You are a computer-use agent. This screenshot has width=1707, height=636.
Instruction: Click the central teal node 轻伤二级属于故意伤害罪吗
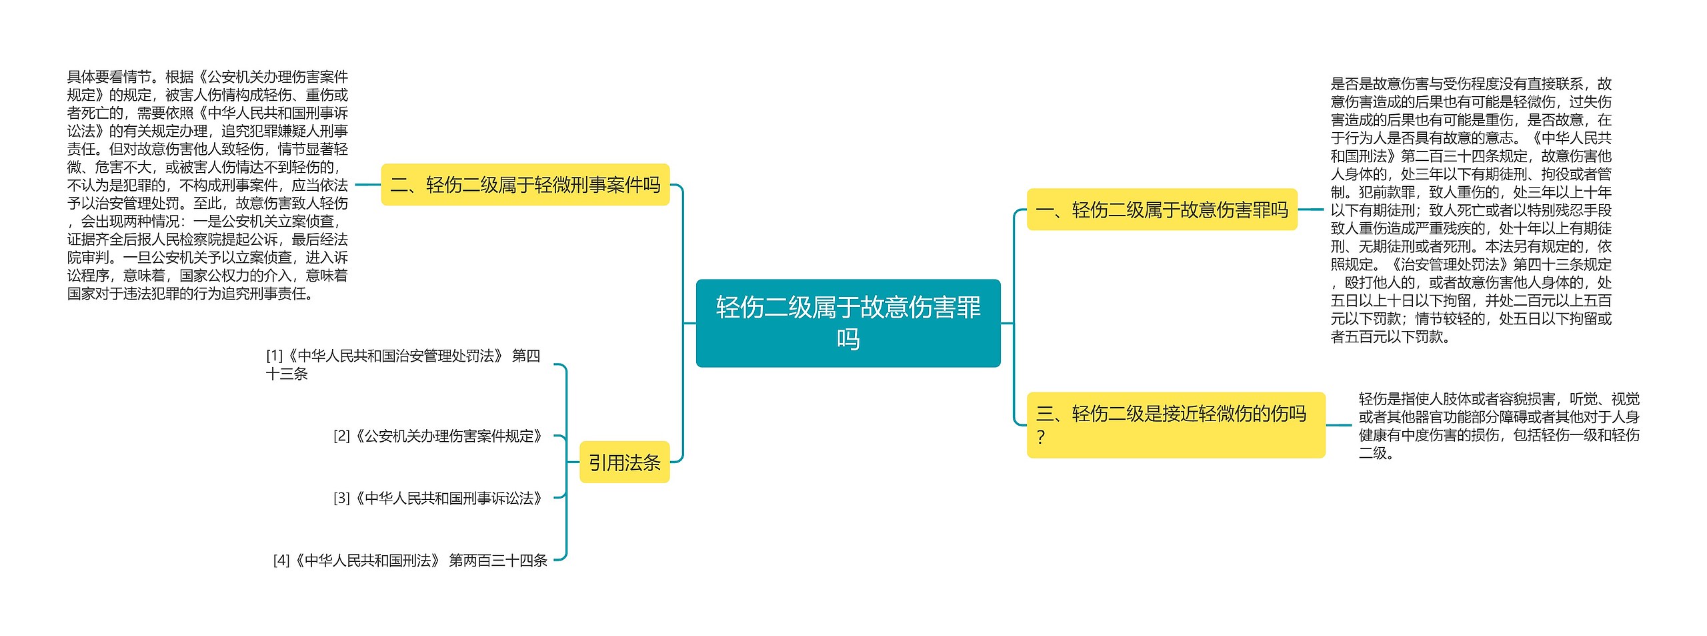[847, 323]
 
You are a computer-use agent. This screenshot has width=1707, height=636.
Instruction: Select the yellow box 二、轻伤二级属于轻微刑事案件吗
[525, 185]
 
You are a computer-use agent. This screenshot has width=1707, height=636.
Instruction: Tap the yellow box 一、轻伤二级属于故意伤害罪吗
[1162, 210]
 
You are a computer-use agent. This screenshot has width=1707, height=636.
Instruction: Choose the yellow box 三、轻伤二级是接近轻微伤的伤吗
[1175, 424]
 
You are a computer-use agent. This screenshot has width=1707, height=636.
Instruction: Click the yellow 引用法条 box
[624, 462]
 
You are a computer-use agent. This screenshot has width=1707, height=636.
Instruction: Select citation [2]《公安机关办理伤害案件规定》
[439, 436]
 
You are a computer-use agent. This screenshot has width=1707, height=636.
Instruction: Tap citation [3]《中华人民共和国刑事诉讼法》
[439, 499]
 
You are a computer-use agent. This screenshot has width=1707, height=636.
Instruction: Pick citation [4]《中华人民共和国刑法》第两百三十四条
[410, 561]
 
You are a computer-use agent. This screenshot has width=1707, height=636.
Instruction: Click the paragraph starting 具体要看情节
[207, 185]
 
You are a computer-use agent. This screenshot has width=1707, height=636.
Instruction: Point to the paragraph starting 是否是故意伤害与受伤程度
[1470, 210]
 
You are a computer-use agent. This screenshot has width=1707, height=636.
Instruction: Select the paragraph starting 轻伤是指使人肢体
[1498, 426]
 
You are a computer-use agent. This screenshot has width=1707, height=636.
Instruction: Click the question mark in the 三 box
[1040, 438]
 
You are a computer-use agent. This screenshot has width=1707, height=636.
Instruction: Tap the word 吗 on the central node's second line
[847, 340]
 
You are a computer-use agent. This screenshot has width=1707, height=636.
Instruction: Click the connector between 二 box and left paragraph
[367, 185]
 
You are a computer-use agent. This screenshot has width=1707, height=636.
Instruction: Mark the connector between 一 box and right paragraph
[1310, 210]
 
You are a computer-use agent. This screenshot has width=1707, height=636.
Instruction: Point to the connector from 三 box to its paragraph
[1339, 425]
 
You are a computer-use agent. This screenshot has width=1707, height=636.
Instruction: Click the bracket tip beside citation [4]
[559, 559]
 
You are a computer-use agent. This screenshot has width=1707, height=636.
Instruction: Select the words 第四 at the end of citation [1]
[525, 356]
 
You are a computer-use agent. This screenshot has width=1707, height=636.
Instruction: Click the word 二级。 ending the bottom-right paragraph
[1376, 454]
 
